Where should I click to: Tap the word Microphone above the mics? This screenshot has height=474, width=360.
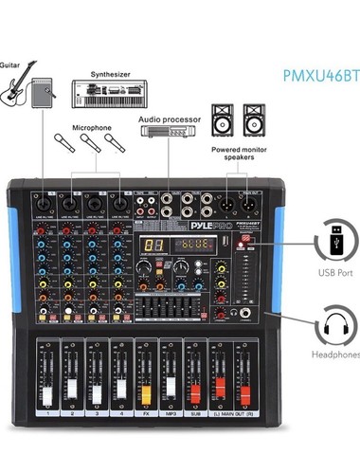tap(90, 126)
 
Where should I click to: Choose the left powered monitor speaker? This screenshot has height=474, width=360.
tap(225, 119)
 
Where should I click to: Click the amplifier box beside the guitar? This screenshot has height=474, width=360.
tap(44, 94)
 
